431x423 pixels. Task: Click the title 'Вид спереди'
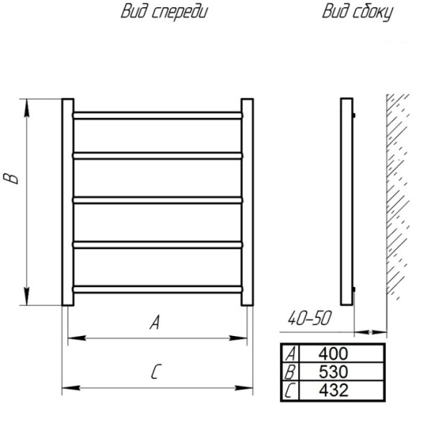click(x=164, y=12)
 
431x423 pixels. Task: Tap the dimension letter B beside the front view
click(x=11, y=178)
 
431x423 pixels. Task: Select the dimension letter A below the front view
click(x=154, y=322)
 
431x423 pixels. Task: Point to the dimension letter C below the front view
click(x=156, y=371)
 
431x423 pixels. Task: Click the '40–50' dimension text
click(x=310, y=319)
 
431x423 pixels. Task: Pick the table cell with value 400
click(x=342, y=353)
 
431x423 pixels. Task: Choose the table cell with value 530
click(x=342, y=371)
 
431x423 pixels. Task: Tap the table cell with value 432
click(x=342, y=390)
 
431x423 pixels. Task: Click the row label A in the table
click(x=290, y=353)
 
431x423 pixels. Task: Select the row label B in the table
click(x=290, y=371)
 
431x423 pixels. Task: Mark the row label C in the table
click(x=290, y=390)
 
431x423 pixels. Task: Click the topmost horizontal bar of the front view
click(x=158, y=115)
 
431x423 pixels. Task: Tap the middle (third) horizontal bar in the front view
click(x=158, y=200)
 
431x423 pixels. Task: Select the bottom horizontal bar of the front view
click(x=158, y=289)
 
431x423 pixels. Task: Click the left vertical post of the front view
click(x=68, y=202)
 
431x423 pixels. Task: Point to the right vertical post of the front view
click(x=247, y=202)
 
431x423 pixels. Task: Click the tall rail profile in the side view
click(x=347, y=201)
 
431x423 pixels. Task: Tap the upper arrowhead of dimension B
click(x=27, y=108)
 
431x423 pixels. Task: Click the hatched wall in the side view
click(x=397, y=197)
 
